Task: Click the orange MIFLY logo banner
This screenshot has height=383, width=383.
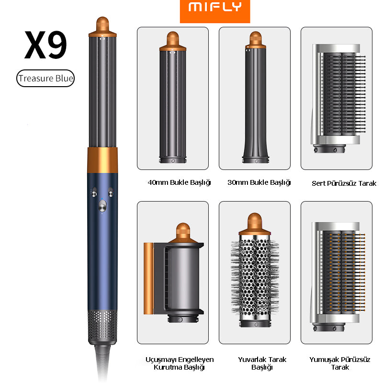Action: pos(215,11)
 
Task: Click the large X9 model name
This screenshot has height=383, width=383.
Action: pos(45,45)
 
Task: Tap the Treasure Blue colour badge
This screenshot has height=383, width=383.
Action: pos(45,79)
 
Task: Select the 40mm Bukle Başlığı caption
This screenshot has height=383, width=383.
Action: pos(179,182)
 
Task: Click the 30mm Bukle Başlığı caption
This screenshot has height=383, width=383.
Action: pos(259,182)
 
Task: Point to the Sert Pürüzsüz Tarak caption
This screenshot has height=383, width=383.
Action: pos(344,183)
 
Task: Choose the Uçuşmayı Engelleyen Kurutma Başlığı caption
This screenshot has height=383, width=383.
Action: pos(179,363)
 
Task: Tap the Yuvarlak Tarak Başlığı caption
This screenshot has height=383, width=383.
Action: pos(262,363)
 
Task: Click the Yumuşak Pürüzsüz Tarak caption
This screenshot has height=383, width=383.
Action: pos(340,363)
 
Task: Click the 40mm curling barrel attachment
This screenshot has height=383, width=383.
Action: pos(173,98)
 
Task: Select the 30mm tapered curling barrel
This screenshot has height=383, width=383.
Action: pos(256,98)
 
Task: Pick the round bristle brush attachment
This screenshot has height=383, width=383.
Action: pos(255,270)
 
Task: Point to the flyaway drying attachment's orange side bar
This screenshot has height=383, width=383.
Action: pos(148,279)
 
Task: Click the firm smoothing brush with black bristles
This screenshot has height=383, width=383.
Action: pos(338,99)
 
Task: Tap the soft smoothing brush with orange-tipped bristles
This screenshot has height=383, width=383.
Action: pos(338,277)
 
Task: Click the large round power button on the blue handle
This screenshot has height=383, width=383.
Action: pos(102,206)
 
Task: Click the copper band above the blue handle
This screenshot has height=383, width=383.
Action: pos(102,160)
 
